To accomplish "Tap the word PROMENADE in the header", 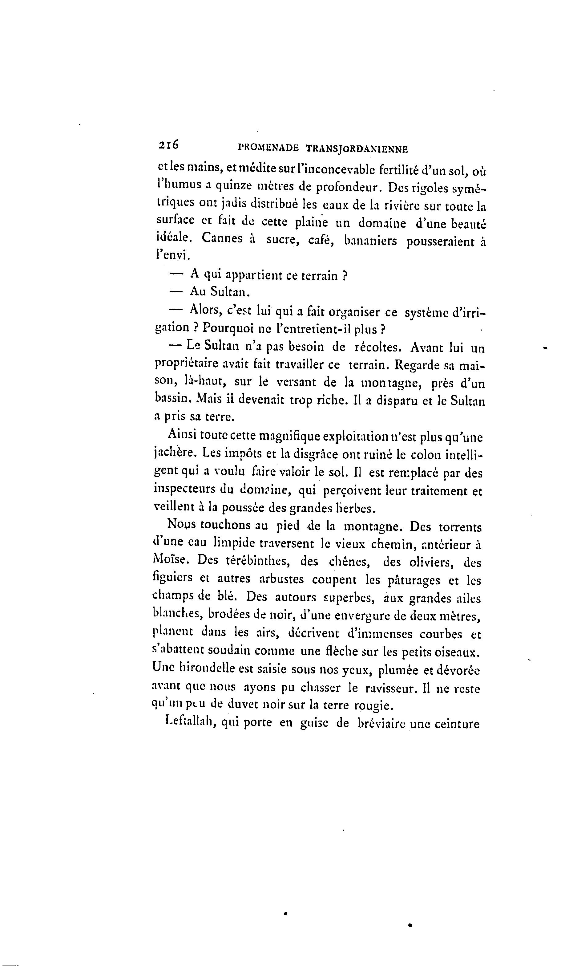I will click(268, 148).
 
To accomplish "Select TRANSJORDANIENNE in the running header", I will click(356, 149).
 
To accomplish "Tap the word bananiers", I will click(370, 241).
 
